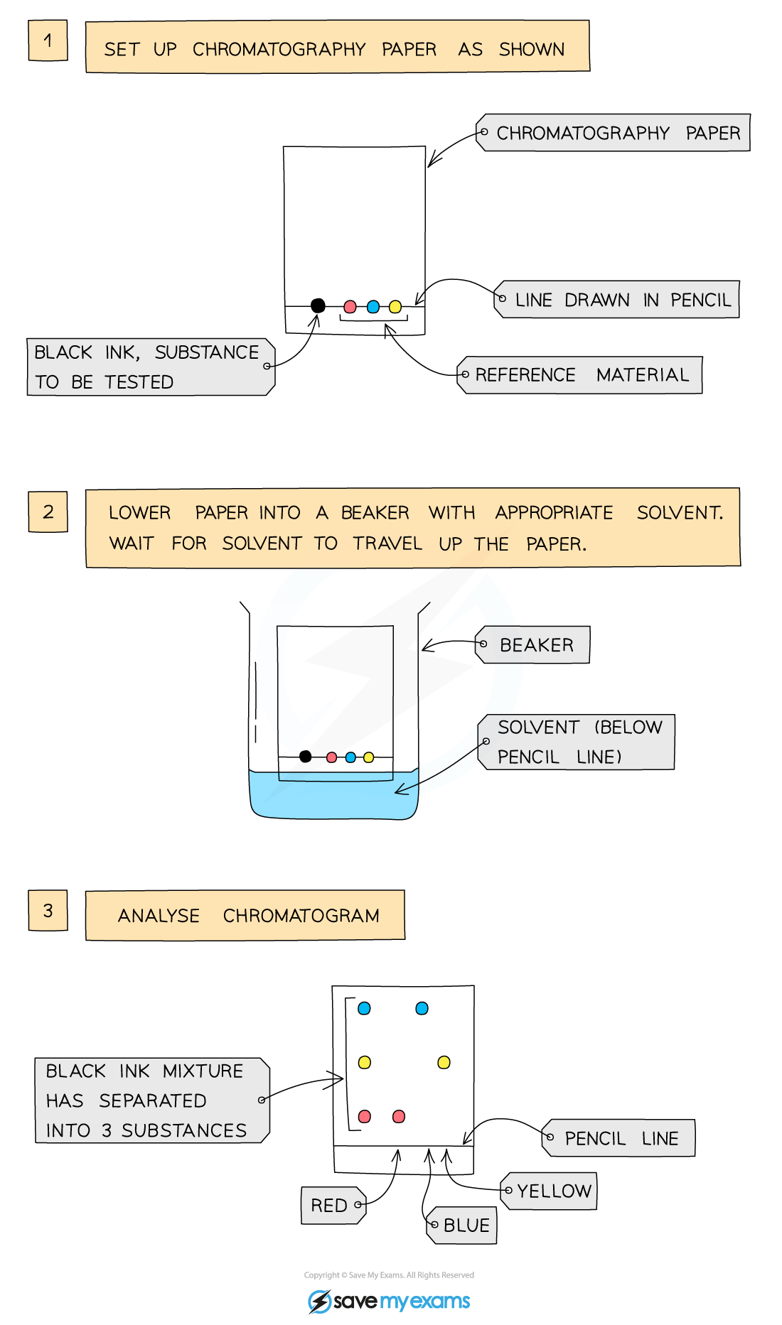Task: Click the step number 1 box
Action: coord(48,40)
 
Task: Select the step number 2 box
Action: coord(48,512)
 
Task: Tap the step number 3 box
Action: coord(48,910)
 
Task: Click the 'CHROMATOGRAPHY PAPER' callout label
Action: coord(614,133)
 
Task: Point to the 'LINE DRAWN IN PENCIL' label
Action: coord(617,299)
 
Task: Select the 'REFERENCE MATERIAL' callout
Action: coord(579,374)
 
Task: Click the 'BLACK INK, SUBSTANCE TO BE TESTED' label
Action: coord(151,367)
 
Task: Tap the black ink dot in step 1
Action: coord(318,305)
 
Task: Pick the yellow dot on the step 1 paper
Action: coord(395,307)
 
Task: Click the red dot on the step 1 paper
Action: coord(350,307)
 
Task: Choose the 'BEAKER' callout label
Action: coord(532,644)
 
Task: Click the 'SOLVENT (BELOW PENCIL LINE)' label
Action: coord(576,742)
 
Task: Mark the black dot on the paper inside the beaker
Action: coord(306,757)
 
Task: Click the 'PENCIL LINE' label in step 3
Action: coord(618,1138)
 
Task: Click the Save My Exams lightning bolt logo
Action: coord(320,1302)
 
